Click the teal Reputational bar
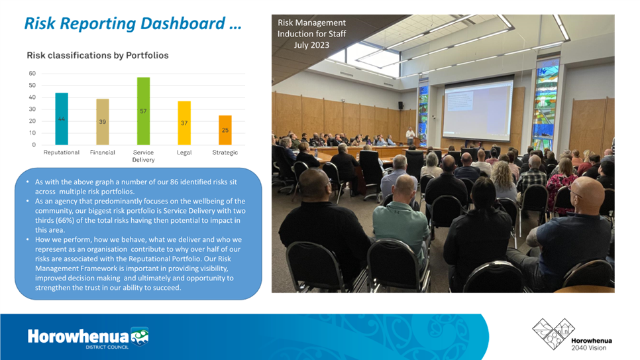(62, 119)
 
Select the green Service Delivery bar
(143, 111)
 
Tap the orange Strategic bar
(225, 131)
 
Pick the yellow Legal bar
(184, 123)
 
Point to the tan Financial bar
(103, 122)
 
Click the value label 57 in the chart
(143, 111)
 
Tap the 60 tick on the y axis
(32, 74)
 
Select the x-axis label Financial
(103, 152)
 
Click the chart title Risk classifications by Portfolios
(97, 55)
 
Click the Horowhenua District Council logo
(88, 337)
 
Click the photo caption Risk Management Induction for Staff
(312, 34)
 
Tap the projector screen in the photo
(478, 110)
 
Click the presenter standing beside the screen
(410, 136)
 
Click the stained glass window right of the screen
(546, 103)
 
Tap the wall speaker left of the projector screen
(401, 105)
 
